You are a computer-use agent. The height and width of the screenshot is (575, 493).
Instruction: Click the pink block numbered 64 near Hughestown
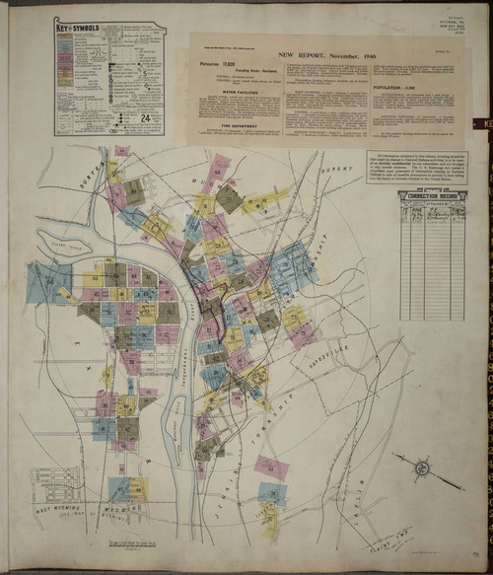point(221,164)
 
